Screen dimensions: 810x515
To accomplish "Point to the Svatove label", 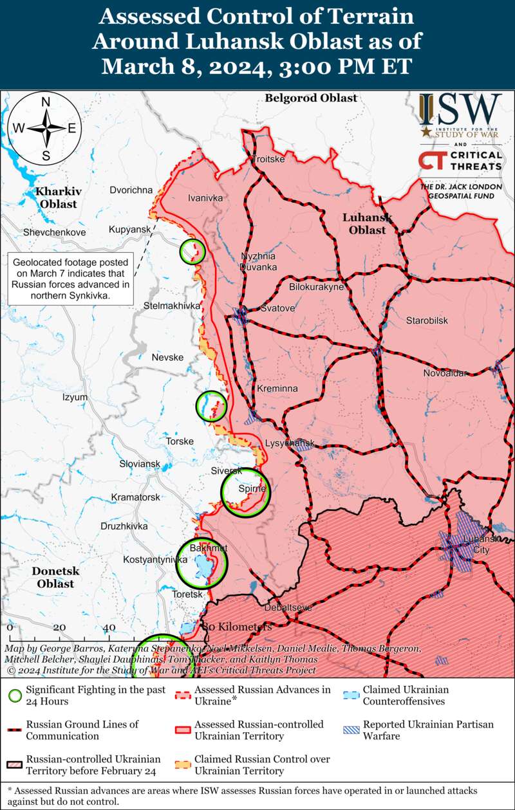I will pos(277,309).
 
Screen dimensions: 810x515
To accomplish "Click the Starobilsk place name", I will pos(427,320).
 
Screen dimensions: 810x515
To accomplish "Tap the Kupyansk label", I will pos(129,230).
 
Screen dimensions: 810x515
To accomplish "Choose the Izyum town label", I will pos(75,398).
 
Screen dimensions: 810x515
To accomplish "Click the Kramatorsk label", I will pos(135,497).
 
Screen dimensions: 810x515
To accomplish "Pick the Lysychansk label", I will pos(290,444).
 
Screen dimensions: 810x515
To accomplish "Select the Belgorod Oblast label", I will pos(310,98).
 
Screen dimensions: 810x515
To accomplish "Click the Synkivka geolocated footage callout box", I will pos(71,279).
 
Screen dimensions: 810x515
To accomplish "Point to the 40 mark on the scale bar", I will pos(109,627).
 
